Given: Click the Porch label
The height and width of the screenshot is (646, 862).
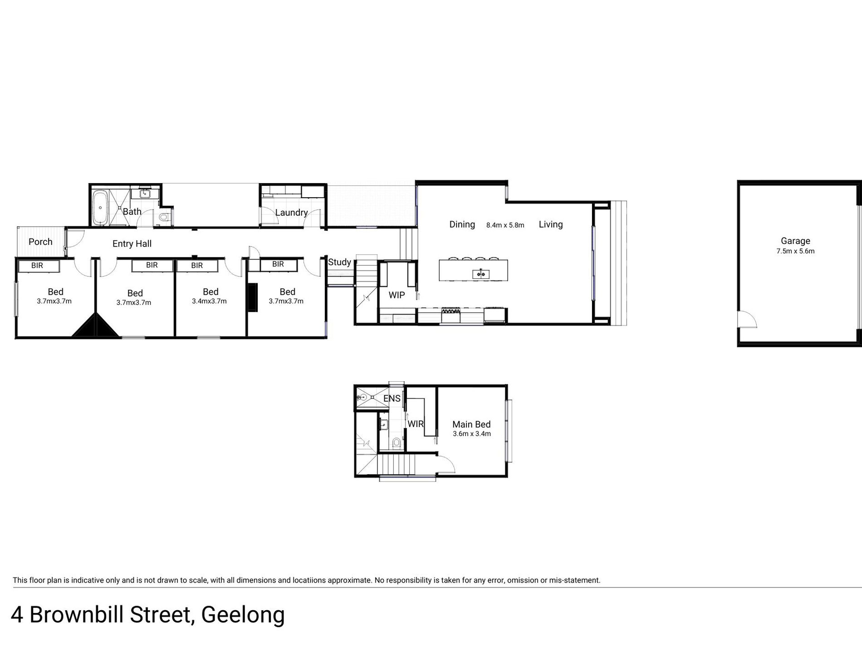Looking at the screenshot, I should [40, 242].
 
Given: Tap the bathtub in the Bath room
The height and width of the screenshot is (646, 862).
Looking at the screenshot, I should [100, 208].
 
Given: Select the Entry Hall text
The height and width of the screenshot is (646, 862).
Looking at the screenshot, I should [132, 244].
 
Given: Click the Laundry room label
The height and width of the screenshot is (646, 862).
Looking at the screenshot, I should [291, 212].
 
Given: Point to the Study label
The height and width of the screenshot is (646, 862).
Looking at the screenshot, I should [339, 262].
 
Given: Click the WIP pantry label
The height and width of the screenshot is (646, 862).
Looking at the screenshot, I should [397, 295].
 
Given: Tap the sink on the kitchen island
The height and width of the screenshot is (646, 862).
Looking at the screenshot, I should [481, 273].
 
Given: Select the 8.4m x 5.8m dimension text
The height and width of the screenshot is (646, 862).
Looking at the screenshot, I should [505, 225].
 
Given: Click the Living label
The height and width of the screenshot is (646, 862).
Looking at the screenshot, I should [551, 224].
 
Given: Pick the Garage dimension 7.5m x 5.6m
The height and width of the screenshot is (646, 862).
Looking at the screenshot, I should [795, 251].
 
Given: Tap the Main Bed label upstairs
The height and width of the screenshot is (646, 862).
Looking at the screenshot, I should [471, 424].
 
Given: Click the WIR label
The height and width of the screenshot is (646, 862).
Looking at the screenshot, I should [416, 424].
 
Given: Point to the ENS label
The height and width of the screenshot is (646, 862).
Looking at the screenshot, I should [392, 398].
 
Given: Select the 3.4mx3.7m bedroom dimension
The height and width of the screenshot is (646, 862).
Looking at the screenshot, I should [209, 301].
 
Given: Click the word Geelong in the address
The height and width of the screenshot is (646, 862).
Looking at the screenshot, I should [243, 615].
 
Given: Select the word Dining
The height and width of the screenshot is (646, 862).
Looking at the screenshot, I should [462, 224].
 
